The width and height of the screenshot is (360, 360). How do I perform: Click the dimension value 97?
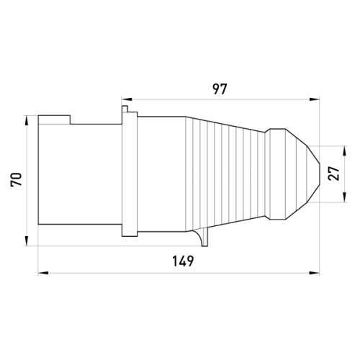point(220,89)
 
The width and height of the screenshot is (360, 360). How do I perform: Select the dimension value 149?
point(183,261)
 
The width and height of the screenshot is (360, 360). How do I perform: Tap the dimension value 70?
point(17,179)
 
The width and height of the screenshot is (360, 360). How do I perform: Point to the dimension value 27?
point(334,174)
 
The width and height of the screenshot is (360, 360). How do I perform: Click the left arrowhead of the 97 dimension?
point(127,99)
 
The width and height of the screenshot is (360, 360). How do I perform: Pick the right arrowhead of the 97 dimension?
point(314,99)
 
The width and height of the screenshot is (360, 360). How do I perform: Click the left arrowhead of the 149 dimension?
point(43,273)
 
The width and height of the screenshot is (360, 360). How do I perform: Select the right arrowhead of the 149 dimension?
point(314,273)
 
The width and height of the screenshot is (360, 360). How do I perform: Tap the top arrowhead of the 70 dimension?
point(27,121)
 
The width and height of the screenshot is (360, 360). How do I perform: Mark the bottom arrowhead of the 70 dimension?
point(27,241)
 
